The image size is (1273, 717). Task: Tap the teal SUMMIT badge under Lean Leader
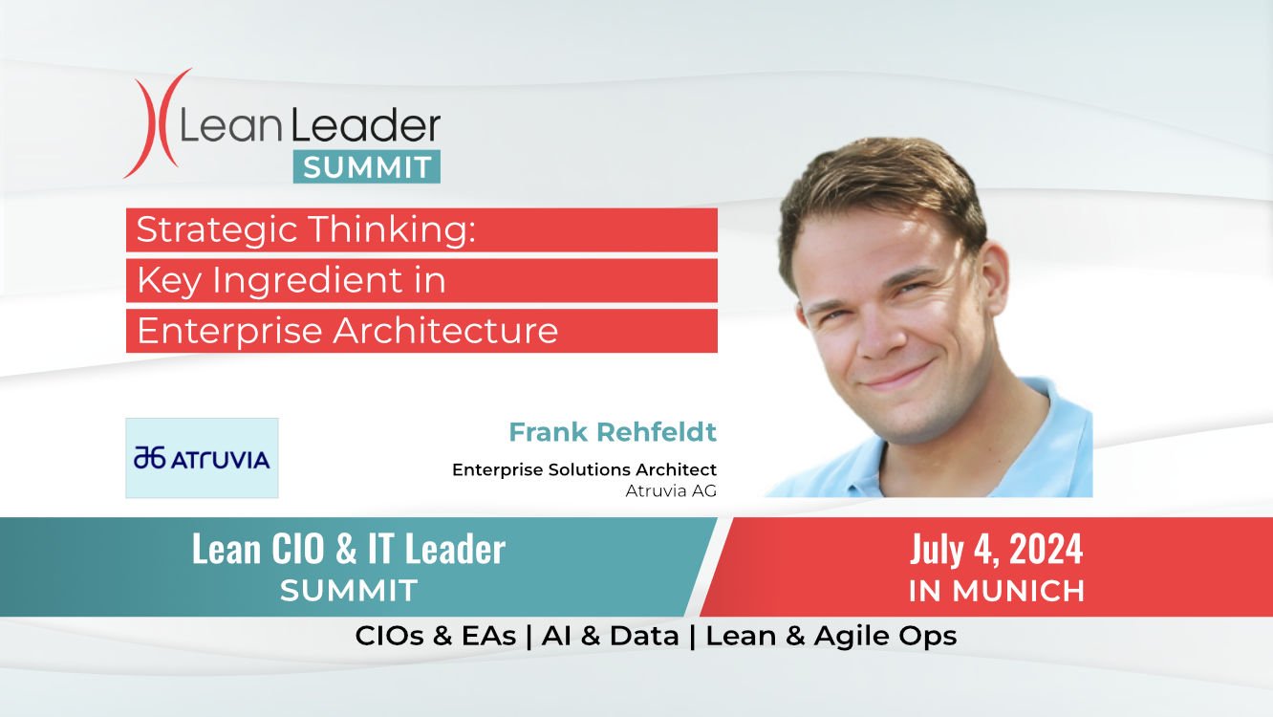(367, 166)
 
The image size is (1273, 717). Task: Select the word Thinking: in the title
(392, 230)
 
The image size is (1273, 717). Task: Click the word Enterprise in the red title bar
(229, 332)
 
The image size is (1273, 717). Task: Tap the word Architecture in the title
(445, 331)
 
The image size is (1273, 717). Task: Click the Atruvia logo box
(202, 458)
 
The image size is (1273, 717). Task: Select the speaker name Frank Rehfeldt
(613, 432)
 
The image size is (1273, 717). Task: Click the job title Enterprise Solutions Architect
(584, 469)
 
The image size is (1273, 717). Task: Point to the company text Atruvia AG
(671, 490)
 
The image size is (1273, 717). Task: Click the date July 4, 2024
(996, 550)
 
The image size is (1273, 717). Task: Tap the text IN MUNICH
(996, 591)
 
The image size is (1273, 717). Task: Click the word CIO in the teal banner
(297, 549)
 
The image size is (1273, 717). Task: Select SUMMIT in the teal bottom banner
(349, 590)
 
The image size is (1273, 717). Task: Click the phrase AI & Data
(611, 636)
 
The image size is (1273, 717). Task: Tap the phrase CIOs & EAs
(435, 636)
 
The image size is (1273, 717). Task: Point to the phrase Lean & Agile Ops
(831, 637)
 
